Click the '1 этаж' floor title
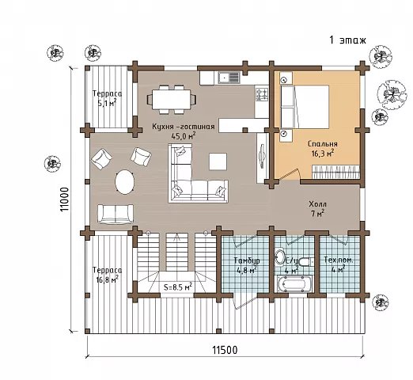pos(347,40)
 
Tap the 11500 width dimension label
pos(225,350)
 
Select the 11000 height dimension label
pos(65,199)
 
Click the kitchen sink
pos(229,78)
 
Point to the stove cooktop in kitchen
pos(262,94)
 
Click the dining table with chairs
pos(172,100)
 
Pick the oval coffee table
pos(125,182)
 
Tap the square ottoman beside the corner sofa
pos(218,161)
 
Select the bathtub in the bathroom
pos(294,284)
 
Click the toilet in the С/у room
pos(305,262)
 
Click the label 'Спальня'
pos(323,144)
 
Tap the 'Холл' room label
pos(317,204)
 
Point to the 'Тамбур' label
pos(247,260)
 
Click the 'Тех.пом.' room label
pos(339,260)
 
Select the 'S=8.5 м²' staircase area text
pos(178,287)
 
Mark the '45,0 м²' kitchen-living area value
pos(184,136)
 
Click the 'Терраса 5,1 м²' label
pos(107,98)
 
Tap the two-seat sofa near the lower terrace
pos(116,214)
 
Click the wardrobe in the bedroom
pos(336,172)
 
